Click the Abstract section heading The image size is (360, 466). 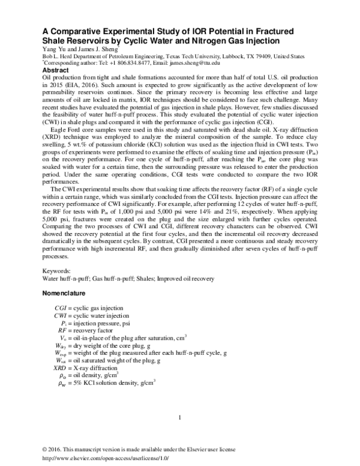pos(56,70)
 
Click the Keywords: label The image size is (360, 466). pos(55,271)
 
